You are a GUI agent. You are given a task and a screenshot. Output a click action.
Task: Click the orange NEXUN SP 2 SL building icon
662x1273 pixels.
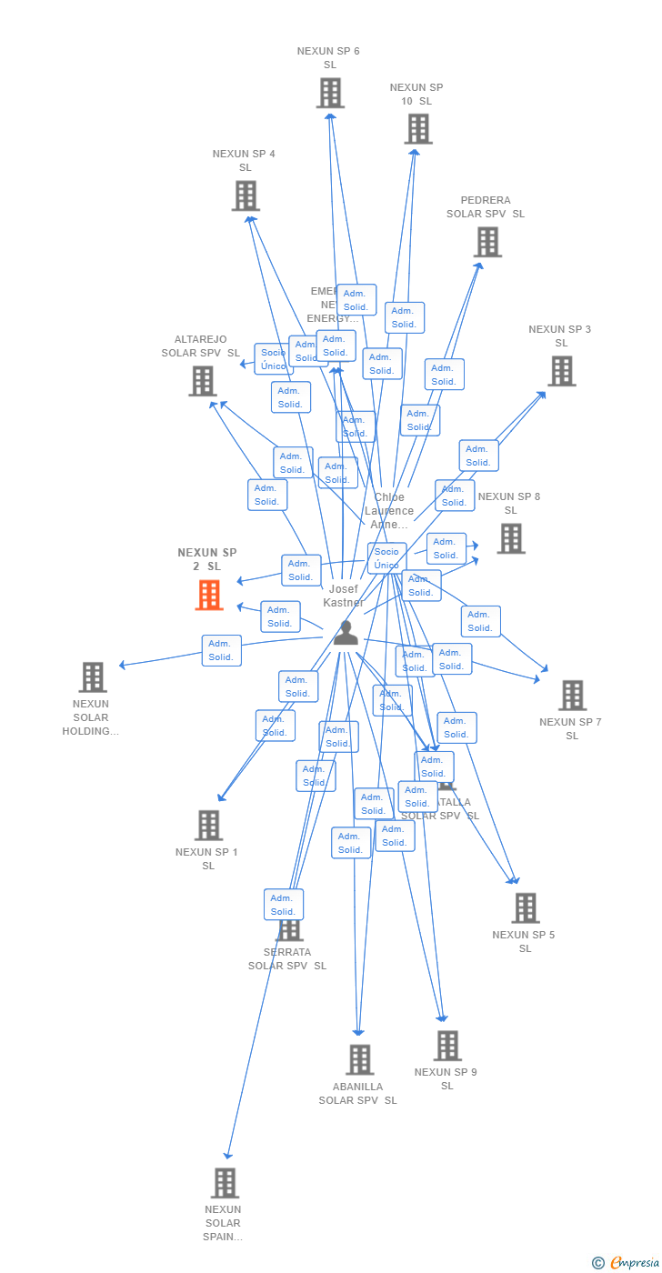[x=209, y=595]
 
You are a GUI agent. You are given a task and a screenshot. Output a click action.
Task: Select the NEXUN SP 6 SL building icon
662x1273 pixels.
[x=330, y=93]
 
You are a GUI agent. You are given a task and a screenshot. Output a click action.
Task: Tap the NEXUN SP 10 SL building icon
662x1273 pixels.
[x=418, y=129]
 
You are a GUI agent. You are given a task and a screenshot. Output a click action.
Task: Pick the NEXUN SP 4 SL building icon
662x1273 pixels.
[x=246, y=195]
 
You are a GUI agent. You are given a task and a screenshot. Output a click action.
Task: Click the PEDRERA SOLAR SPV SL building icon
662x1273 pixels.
[x=487, y=242]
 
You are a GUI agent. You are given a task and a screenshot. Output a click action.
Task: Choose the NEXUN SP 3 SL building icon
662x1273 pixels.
[x=561, y=371]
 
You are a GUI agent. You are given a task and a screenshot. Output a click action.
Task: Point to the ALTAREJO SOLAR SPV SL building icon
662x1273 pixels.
[x=202, y=381]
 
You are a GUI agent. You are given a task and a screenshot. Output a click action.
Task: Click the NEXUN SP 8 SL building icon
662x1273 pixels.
[x=510, y=538]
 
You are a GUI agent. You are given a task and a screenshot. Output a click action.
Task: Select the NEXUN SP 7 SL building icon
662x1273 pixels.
[x=572, y=695]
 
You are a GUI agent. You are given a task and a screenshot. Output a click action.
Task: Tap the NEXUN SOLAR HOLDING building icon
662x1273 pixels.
[x=93, y=677]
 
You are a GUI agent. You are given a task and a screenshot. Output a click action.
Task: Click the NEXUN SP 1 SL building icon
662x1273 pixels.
[x=208, y=825]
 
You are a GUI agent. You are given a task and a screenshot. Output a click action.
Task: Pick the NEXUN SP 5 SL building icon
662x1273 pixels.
[x=525, y=907]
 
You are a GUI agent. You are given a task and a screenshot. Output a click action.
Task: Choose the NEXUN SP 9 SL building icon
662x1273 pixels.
[x=446, y=1046]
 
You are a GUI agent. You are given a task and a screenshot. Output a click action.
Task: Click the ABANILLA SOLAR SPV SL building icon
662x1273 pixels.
[x=359, y=1059]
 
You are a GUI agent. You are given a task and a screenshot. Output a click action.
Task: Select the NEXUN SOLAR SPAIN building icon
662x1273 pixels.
[x=225, y=1183]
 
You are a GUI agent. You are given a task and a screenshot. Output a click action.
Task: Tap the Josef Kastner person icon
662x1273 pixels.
[x=346, y=633]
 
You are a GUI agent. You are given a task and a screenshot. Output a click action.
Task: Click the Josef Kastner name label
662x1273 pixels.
[x=344, y=596]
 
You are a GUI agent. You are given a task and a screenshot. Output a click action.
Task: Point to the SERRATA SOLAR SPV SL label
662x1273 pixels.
[x=287, y=959]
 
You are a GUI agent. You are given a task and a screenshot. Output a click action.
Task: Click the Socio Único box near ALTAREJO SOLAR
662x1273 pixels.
[x=273, y=359]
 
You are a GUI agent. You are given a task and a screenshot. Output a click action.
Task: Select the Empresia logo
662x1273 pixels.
[x=633, y=1262]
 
